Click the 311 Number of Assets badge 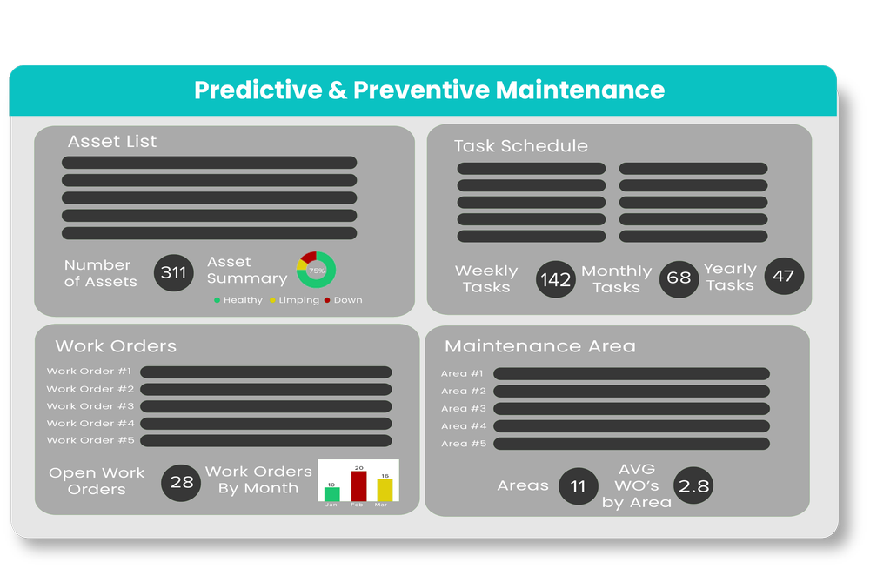(174, 273)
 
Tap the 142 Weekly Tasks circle (556, 279)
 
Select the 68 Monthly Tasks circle (679, 278)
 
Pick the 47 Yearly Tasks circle (784, 276)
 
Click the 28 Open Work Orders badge (182, 481)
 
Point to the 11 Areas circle (579, 486)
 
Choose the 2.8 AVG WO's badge (693, 486)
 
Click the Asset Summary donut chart (316, 270)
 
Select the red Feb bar (358, 485)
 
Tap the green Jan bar (331, 493)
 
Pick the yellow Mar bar (385, 489)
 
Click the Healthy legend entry (238, 300)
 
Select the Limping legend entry (294, 300)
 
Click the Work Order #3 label (90, 406)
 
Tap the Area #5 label (462, 444)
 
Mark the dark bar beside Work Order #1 (265, 372)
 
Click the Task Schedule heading (520, 146)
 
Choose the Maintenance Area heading (539, 346)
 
